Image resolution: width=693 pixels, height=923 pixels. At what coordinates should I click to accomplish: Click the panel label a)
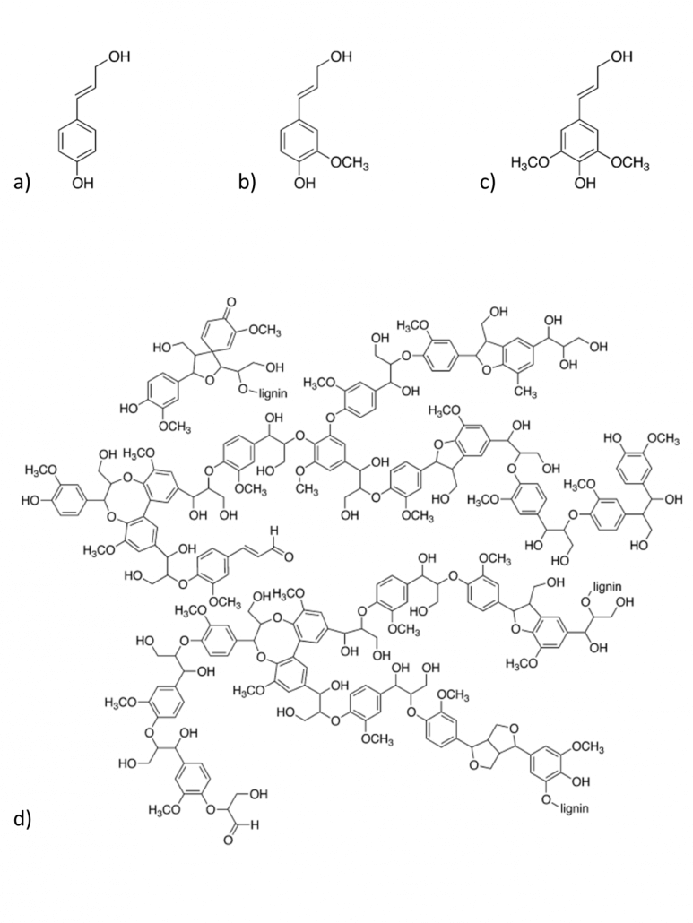tap(22, 182)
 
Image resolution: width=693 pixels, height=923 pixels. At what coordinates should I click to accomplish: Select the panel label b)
tap(247, 182)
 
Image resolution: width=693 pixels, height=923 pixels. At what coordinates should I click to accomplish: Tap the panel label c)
tap(487, 183)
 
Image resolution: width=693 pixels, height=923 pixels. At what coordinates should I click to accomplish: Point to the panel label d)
tap(22, 819)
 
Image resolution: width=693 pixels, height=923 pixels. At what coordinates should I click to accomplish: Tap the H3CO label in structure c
tap(530, 164)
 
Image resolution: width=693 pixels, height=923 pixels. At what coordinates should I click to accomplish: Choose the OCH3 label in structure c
tap(629, 164)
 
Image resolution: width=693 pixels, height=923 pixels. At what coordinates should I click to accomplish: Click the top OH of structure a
tap(118, 57)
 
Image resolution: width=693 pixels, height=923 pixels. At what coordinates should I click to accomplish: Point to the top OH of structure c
tap(621, 57)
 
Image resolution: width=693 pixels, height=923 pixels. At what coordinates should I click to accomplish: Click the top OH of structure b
tap(341, 57)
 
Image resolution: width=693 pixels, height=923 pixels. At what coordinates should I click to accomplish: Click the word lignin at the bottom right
tap(574, 808)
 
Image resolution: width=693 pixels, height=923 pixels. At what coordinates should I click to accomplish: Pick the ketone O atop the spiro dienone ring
tap(230, 303)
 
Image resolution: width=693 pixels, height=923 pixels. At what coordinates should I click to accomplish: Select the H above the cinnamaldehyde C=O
tap(273, 531)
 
